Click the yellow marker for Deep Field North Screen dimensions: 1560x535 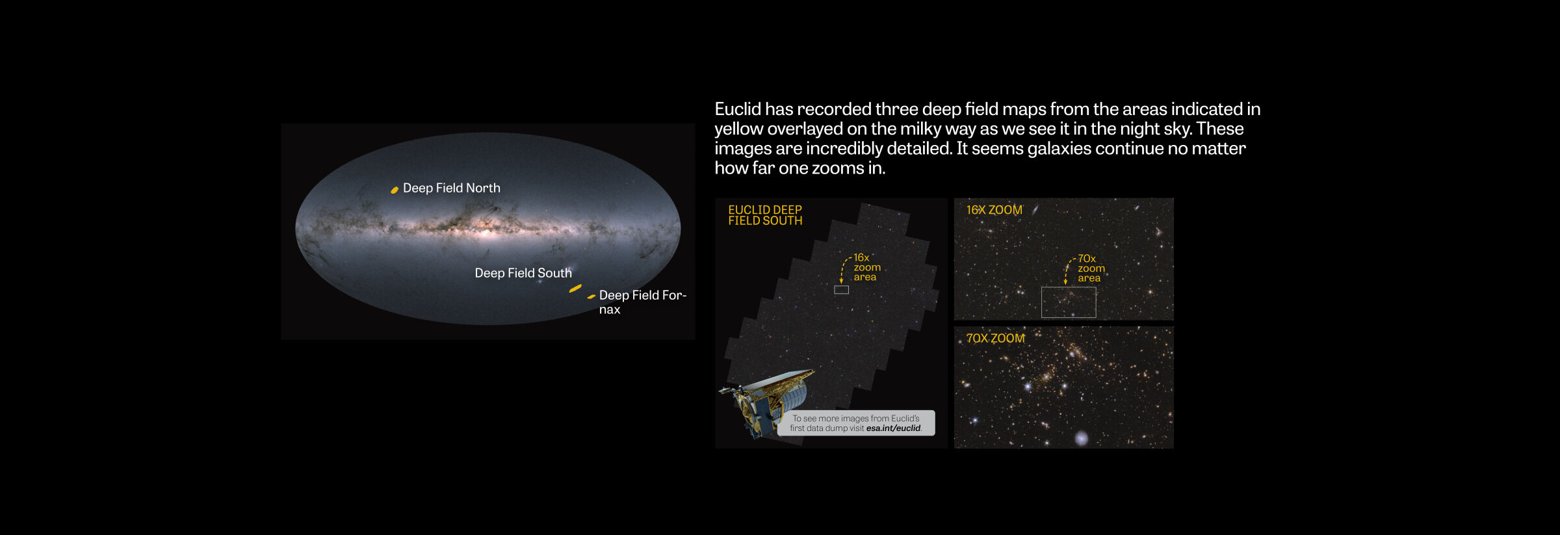pyautogui.click(x=394, y=190)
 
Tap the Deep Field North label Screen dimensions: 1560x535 pyautogui.click(x=452, y=188)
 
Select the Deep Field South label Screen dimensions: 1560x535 pyautogui.click(x=523, y=273)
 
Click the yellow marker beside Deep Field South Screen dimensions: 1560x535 pyautogui.click(x=575, y=288)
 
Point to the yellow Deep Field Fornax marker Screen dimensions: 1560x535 pyautogui.click(x=591, y=296)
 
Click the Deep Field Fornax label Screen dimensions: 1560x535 pyautogui.click(x=642, y=302)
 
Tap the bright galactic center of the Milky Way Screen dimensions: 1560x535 pyautogui.click(x=484, y=228)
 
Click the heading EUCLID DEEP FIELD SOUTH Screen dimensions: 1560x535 pyautogui.click(x=765, y=215)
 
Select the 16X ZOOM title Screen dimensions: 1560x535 pyautogui.click(x=994, y=210)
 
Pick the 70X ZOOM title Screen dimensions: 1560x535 pyautogui.click(x=995, y=338)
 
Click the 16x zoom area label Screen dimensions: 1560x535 pyautogui.click(x=867, y=267)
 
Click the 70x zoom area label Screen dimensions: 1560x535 pyautogui.click(x=1091, y=268)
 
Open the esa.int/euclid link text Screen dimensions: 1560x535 pyautogui.click(x=894, y=428)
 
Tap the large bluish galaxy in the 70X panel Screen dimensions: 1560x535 pyautogui.click(x=1082, y=438)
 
